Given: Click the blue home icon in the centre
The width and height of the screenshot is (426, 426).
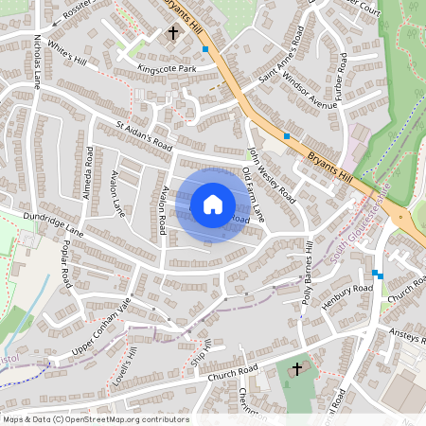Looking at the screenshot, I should point(213,204).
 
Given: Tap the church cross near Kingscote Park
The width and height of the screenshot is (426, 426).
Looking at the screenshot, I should point(173,33).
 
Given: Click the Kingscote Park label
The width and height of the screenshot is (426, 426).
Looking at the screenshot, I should point(167,69).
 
